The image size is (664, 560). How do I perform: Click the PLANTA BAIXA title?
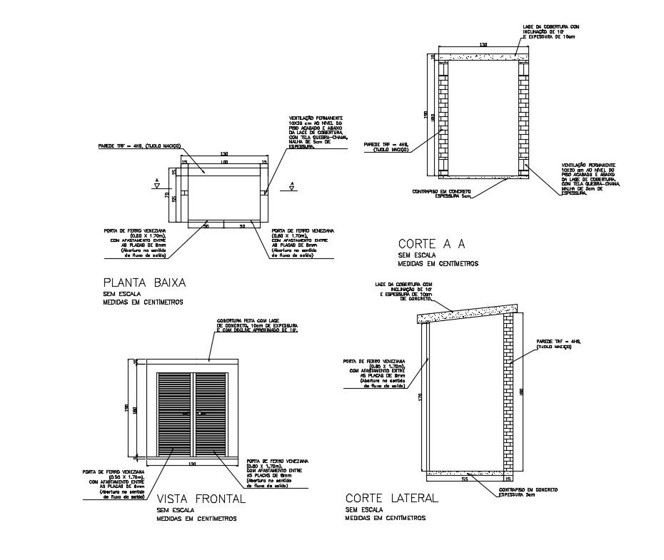[144, 282]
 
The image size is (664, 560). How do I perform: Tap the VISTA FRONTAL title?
[201, 499]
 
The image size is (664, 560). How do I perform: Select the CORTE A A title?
[432, 243]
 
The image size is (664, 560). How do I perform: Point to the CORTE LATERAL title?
[391, 497]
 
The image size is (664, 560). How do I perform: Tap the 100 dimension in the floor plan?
[223, 163]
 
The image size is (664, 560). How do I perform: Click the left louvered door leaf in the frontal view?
[176, 414]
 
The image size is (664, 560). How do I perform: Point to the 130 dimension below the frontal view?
[192, 464]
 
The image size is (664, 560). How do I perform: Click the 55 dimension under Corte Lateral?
[465, 479]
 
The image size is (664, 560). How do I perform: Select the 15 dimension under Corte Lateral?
[508, 479]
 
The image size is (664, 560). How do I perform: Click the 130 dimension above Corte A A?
[483, 45]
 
